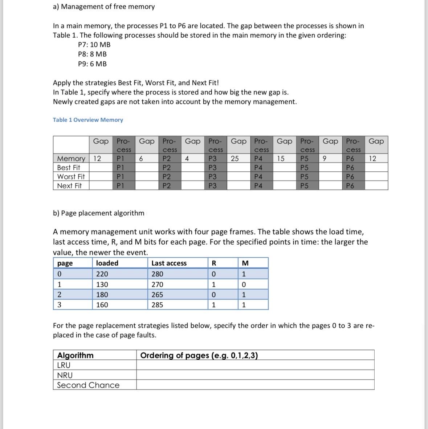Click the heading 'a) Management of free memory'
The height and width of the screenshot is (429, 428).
(x=104, y=7)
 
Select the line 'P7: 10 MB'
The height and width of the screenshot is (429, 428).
(x=94, y=45)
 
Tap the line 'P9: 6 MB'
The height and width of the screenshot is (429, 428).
(x=92, y=64)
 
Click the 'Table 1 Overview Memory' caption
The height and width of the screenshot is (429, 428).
(x=88, y=120)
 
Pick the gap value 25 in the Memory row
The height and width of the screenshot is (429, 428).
(x=235, y=159)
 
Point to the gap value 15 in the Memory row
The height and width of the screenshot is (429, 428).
(x=280, y=159)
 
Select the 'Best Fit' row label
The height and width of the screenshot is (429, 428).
(x=69, y=168)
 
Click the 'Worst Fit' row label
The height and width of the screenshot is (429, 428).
(x=71, y=177)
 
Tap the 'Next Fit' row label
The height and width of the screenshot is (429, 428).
(x=69, y=186)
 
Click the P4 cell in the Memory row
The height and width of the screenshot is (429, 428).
(x=258, y=159)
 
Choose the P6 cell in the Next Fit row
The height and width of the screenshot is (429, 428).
(x=350, y=186)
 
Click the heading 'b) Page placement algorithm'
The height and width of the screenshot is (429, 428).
(x=98, y=213)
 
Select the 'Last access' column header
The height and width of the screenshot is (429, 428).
(x=169, y=263)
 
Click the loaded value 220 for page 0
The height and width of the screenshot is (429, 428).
(x=102, y=274)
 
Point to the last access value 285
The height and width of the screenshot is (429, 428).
(x=157, y=305)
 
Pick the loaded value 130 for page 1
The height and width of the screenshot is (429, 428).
(x=102, y=285)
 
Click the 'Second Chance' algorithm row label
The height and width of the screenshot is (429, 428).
(x=88, y=385)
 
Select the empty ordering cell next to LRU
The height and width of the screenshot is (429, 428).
(x=255, y=365)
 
